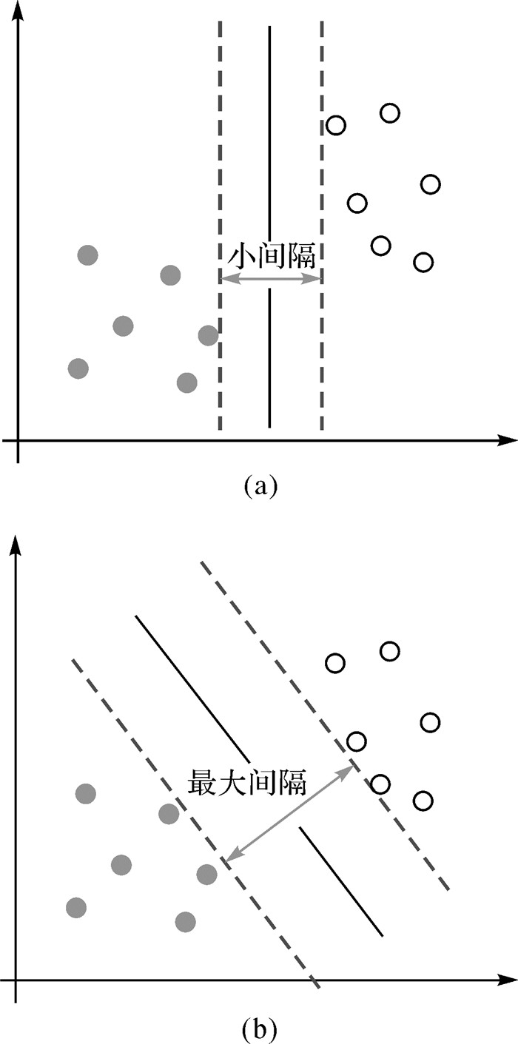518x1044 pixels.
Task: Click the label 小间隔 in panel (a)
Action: pos(271,257)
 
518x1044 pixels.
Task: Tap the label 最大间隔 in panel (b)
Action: pos(248,781)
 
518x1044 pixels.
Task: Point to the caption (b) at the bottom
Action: pos(260,1027)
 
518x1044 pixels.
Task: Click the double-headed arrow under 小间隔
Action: pos(271,279)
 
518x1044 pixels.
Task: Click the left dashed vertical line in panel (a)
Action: pos(220,148)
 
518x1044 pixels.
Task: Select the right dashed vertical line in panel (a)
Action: pos(322,148)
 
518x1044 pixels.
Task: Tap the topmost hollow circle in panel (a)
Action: pos(390,112)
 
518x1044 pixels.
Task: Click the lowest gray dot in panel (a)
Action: pos(187,383)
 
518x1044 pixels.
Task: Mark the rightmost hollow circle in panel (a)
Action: pos(430,183)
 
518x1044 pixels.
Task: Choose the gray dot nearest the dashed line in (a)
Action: pos(209,335)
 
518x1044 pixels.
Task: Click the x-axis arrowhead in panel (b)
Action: pos(508,981)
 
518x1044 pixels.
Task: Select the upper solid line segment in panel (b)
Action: pos(192,678)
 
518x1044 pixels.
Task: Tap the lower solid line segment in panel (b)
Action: pos(341,882)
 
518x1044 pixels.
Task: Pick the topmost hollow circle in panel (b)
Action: pos(390,651)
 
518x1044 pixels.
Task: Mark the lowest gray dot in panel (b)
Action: pos(185,922)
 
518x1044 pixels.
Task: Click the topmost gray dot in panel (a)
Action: pos(87,255)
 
